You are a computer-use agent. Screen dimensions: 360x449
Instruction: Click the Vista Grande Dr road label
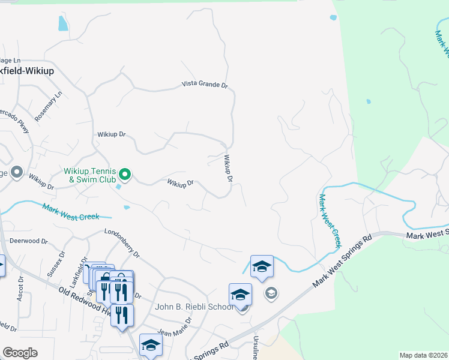205,85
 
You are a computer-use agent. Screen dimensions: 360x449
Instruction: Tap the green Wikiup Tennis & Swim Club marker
125,175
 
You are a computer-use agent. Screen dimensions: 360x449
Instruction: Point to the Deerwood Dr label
28,241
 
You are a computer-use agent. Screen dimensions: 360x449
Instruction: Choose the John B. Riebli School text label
194,307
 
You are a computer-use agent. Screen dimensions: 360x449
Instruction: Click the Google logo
20,352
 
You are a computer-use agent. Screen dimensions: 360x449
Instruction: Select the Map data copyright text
423,355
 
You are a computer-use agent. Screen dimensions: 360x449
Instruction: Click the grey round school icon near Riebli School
271,293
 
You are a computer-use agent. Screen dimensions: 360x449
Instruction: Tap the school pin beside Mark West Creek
262,266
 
